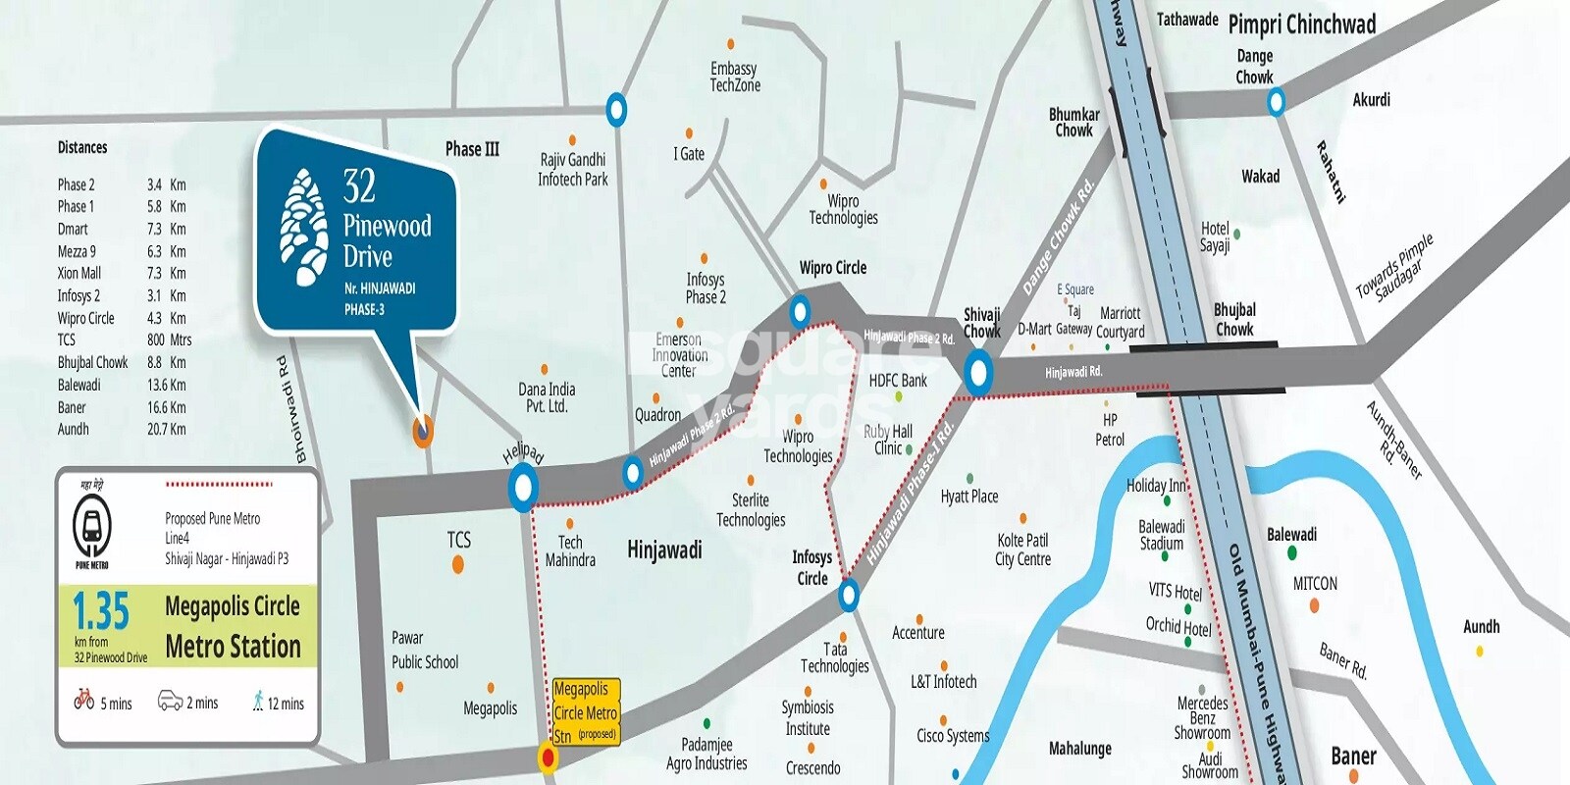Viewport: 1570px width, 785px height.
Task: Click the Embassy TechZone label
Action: click(x=735, y=77)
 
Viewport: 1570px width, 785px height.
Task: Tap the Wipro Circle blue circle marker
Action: click(x=801, y=313)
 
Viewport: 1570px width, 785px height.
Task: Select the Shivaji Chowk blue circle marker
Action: click(x=977, y=373)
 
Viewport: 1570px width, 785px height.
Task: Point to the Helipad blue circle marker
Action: click(x=523, y=487)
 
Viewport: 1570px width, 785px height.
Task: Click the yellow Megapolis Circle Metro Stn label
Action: click(x=586, y=712)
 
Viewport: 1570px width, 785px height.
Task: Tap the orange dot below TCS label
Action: click(x=458, y=564)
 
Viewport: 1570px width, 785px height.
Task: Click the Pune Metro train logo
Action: click(x=92, y=527)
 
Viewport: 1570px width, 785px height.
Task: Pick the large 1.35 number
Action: click(x=101, y=612)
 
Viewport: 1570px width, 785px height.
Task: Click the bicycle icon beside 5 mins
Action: click(x=84, y=701)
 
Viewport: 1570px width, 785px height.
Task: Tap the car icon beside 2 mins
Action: click(x=171, y=702)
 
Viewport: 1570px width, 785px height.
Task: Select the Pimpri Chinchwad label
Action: click(x=1301, y=25)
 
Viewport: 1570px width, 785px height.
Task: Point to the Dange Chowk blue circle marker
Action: click(x=1276, y=101)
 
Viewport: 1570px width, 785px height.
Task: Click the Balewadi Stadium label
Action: click(x=1162, y=535)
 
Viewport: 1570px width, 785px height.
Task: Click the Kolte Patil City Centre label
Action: click(x=1023, y=549)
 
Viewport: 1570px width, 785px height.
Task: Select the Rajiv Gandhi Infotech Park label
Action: click(x=573, y=169)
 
